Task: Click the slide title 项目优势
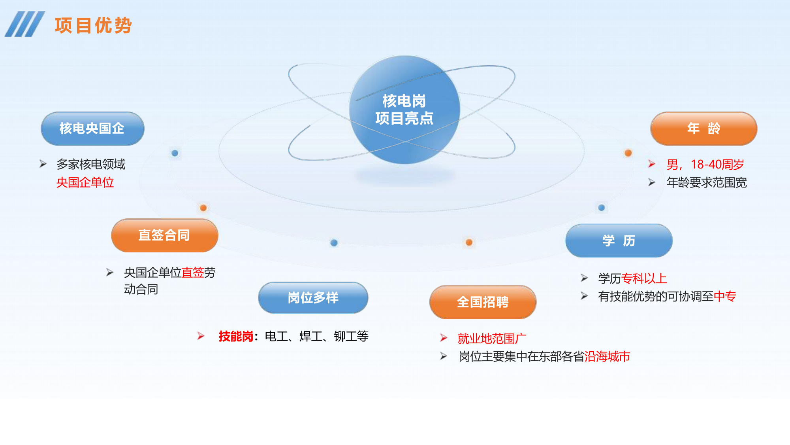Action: [x=93, y=26]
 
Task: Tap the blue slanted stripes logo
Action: [x=24, y=24]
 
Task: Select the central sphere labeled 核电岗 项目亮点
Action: [x=404, y=110]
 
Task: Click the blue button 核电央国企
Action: [x=92, y=129]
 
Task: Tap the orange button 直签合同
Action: [x=164, y=235]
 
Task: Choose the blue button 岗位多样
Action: [x=313, y=298]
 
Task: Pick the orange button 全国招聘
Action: [x=483, y=302]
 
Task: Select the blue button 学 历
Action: [x=619, y=240]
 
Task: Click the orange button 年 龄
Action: [x=703, y=129]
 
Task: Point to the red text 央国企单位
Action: [x=85, y=182]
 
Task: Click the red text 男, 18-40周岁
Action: [x=705, y=164]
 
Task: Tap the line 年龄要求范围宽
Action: [x=706, y=182]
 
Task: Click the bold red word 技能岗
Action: [x=235, y=336]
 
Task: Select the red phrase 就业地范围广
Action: [x=491, y=339]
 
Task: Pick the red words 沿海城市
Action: [x=607, y=356]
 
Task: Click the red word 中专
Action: [x=725, y=296]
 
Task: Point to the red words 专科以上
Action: [x=644, y=278]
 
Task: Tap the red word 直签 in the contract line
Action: [x=193, y=273]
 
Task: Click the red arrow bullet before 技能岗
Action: [x=201, y=336]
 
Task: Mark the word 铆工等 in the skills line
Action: [x=351, y=336]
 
